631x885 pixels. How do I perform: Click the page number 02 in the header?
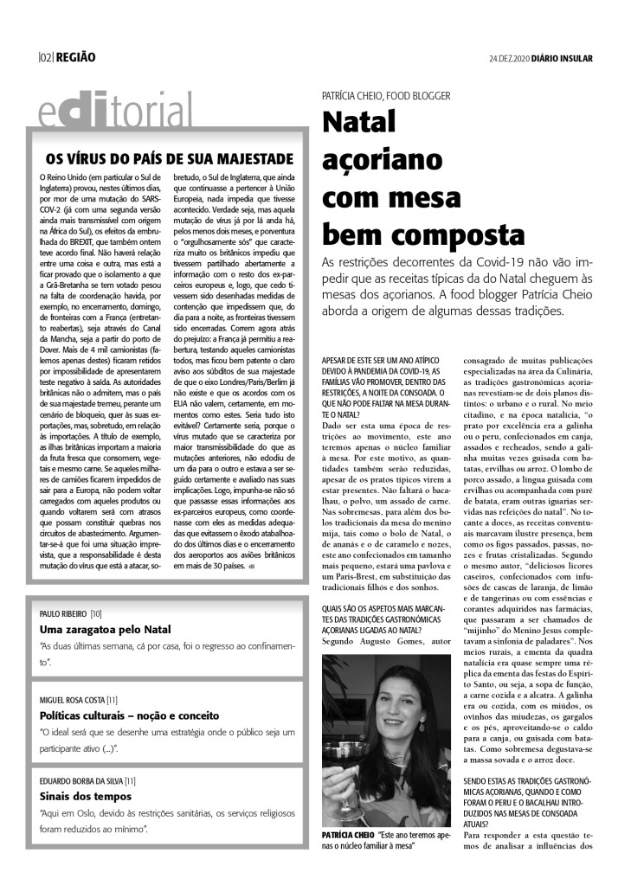[x=45, y=57]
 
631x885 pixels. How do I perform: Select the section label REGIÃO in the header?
[x=75, y=57]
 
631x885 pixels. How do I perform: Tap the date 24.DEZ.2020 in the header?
[x=511, y=58]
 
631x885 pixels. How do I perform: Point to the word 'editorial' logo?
[x=116, y=112]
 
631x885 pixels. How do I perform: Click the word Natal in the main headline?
[x=358, y=123]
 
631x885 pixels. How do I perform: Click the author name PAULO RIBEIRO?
[x=63, y=613]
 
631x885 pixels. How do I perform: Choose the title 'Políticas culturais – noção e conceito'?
[x=130, y=715]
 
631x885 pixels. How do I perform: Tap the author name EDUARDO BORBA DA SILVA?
[x=81, y=780]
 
